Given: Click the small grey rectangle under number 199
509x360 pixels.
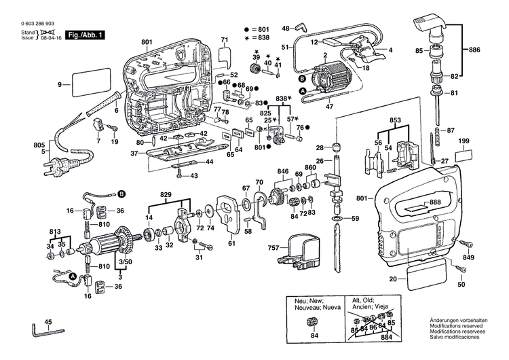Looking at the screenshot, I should click(x=464, y=156).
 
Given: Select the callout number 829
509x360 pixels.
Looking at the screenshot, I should click(x=165, y=194).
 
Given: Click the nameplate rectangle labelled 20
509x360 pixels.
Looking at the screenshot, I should click(x=426, y=277).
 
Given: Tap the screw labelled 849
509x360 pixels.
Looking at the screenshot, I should click(x=465, y=243).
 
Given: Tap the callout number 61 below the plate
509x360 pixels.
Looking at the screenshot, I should click(x=231, y=243).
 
